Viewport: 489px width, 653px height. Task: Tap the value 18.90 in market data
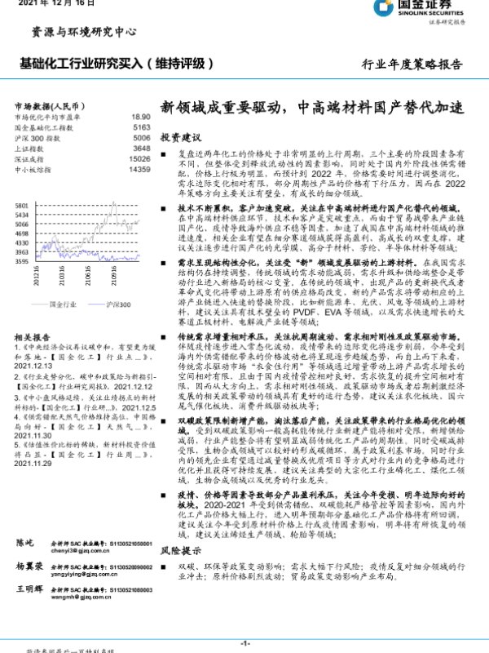point(140,118)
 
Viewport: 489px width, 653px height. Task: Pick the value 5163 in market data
point(141,128)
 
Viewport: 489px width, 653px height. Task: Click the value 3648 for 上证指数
point(141,149)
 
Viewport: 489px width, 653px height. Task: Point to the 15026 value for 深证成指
point(139,160)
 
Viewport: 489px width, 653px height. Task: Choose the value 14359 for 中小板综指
point(139,171)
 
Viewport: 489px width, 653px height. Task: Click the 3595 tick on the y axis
point(22,262)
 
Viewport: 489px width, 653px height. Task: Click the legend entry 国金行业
point(63,304)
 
